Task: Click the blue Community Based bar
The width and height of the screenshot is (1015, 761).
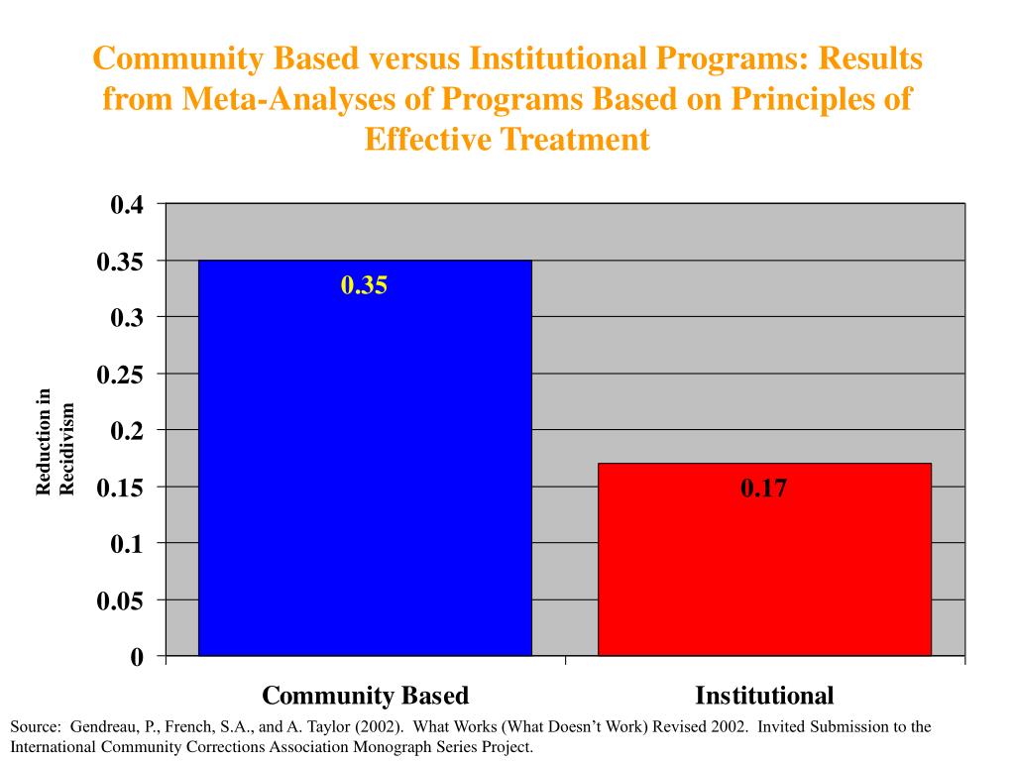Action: coord(365,457)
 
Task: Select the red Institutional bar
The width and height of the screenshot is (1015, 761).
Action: coord(764,559)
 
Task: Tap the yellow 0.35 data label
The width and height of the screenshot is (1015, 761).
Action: coord(364,286)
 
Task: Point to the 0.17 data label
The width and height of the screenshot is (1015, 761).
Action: coord(763,488)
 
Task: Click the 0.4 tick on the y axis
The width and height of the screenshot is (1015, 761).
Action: coord(128,205)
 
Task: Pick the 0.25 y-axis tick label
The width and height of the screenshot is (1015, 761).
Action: coord(120,375)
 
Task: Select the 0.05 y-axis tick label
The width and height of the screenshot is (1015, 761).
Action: coord(120,600)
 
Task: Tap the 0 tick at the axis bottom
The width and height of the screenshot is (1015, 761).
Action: coord(137,657)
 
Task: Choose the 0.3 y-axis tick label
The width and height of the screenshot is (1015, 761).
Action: coord(128,318)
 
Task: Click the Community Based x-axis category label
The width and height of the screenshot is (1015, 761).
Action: coord(365,695)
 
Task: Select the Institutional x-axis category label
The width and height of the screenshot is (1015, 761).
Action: coord(764,695)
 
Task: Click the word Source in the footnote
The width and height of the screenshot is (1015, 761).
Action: coord(33,726)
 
